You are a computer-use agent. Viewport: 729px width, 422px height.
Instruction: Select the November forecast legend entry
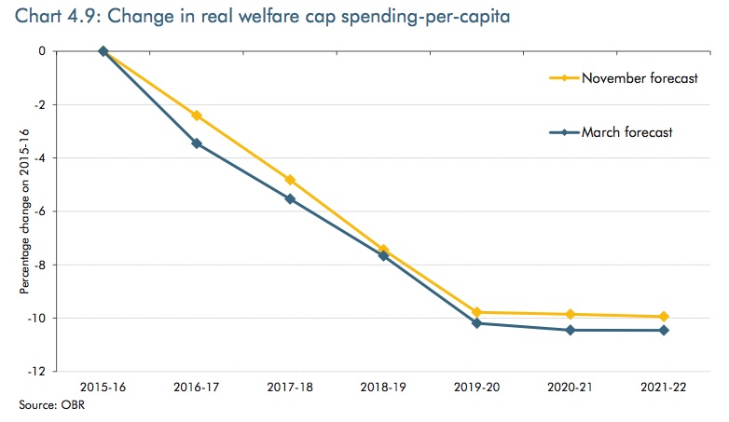(640, 78)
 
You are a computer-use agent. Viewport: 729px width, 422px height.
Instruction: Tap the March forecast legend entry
(626, 132)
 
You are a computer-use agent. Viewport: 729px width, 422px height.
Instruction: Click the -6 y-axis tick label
(42, 211)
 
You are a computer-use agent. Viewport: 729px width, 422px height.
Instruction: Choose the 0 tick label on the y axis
(43, 51)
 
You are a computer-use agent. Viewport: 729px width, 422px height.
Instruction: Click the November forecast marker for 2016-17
(197, 116)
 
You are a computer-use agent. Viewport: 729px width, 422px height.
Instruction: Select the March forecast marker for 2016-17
(197, 143)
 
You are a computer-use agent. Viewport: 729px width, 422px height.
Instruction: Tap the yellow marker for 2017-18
(290, 180)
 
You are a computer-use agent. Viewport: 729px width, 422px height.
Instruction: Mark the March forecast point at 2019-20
(476, 323)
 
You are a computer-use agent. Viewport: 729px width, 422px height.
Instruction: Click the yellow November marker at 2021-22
(663, 317)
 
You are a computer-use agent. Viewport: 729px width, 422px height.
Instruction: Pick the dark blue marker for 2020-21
(570, 330)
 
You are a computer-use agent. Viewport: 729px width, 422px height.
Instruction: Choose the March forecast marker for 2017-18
(290, 199)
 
